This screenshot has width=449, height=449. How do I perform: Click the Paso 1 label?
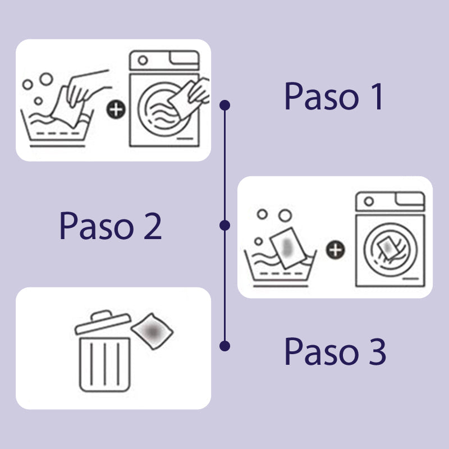tap(333, 96)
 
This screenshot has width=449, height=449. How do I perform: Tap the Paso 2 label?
tap(110, 226)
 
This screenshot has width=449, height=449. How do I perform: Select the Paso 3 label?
tap(335, 352)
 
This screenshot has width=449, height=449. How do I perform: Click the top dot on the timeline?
tap(225, 105)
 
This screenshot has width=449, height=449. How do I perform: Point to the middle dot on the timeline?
tap(225, 225)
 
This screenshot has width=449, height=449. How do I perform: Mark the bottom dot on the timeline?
tap(225, 346)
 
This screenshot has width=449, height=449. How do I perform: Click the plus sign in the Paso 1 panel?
tap(116, 109)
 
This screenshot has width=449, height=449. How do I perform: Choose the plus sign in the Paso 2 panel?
tap(336, 250)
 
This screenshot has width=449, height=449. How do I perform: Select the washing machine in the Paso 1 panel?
tap(164, 100)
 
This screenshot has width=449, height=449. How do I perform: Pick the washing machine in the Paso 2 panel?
tap(390, 239)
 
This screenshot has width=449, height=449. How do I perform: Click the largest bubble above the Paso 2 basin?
tap(285, 216)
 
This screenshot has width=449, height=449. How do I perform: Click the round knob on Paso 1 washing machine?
tap(143, 60)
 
